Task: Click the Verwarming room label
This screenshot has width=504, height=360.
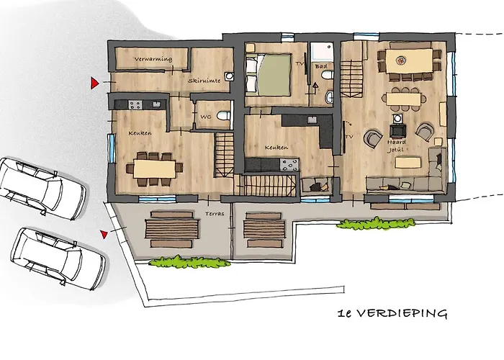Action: coord(153,59)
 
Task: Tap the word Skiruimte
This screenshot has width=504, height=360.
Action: coord(204,81)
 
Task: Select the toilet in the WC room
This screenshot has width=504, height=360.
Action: coord(223,115)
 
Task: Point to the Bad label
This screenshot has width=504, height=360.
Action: coord(321,66)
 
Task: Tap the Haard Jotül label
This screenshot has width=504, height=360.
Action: coord(396,145)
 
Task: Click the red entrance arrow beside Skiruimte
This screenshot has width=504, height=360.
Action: coord(94,83)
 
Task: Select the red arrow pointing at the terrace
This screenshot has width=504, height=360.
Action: coord(104,234)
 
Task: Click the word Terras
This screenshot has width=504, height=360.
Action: coord(215,213)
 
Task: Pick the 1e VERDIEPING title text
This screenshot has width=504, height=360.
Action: coord(392,313)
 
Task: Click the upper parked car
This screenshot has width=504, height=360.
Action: coord(42,188)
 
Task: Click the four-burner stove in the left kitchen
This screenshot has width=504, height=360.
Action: coord(135,104)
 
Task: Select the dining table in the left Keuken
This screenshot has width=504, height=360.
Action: coord(154,168)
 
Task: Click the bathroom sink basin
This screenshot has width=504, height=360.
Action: coord(329,97)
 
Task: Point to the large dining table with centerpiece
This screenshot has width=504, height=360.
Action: coord(409,61)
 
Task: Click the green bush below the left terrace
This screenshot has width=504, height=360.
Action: coord(189,262)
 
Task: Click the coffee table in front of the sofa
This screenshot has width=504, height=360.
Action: coord(408,162)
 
